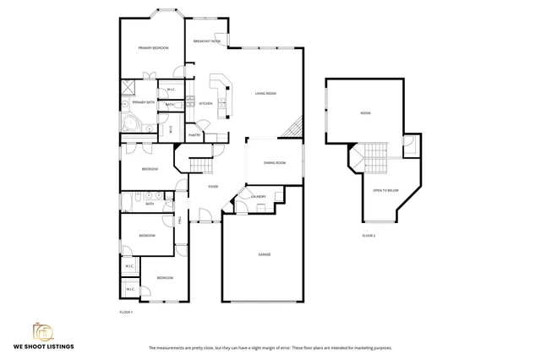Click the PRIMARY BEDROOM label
pyautogui.click(x=154, y=48)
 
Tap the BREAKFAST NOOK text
pyautogui.click(x=207, y=41)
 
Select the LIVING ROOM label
pyautogui.click(x=267, y=93)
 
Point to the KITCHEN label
pyautogui.click(x=205, y=103)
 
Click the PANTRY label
pyautogui.click(x=194, y=134)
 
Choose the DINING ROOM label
pyautogui.click(x=275, y=162)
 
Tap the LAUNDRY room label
pyautogui.click(x=258, y=197)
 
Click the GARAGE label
pyautogui.click(x=264, y=254)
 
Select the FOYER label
pyautogui.click(x=213, y=186)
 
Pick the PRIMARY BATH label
pyautogui.click(x=143, y=102)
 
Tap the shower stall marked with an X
pyautogui.click(x=129, y=87)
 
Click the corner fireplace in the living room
pyautogui.click(x=294, y=128)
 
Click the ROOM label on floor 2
pyautogui.click(x=365, y=112)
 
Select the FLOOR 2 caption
pyautogui.click(x=369, y=235)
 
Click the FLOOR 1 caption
pyautogui.click(x=127, y=312)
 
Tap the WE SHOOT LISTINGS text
pyautogui.click(x=42, y=346)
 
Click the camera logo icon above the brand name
pyautogui.click(x=42, y=330)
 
